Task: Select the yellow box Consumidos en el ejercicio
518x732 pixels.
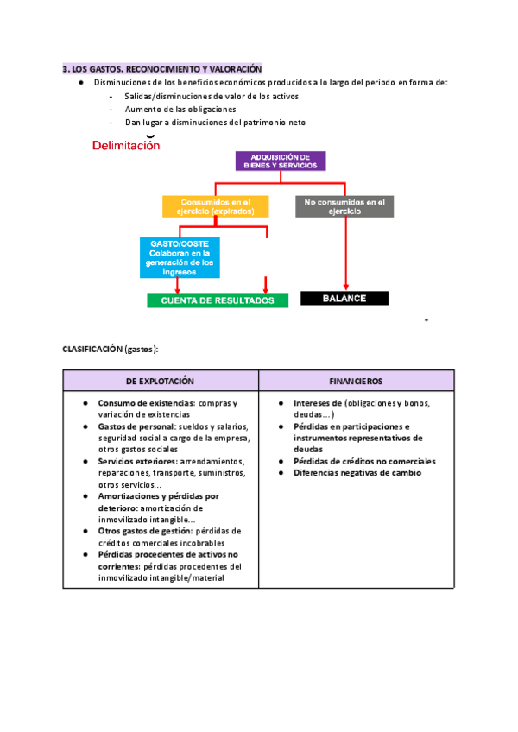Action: pos(215,205)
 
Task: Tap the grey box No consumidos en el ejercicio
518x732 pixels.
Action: pos(344,205)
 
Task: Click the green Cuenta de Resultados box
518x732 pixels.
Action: pos(217,300)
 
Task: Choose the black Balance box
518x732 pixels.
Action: pos(344,298)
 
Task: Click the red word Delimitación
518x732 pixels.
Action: pos(126,146)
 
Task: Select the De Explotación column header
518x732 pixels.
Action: pos(161,381)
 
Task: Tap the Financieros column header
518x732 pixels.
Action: pos(356,381)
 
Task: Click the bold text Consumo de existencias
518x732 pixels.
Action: pos(146,403)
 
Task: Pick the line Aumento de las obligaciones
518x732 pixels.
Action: pos(180,110)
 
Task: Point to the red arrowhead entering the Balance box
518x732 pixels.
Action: pos(346,288)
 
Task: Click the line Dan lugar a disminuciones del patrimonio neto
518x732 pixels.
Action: pos(215,123)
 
